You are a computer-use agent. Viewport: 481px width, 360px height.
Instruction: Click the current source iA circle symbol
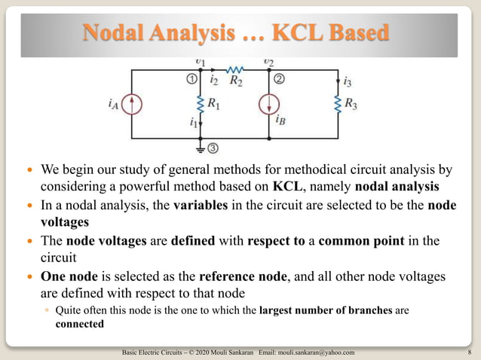132,104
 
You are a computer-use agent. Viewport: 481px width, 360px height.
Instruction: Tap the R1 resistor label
213,104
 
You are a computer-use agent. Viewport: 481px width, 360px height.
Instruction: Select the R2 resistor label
236,78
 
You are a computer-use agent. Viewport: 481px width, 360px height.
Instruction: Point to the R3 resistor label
351,104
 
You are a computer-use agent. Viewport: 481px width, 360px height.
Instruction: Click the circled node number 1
192,78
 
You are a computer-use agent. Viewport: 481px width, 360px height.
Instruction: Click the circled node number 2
279,78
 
